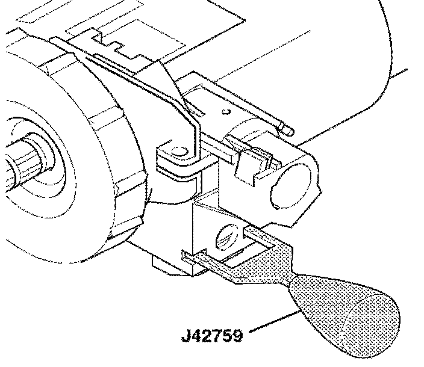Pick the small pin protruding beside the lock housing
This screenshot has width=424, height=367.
pos(288,128)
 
